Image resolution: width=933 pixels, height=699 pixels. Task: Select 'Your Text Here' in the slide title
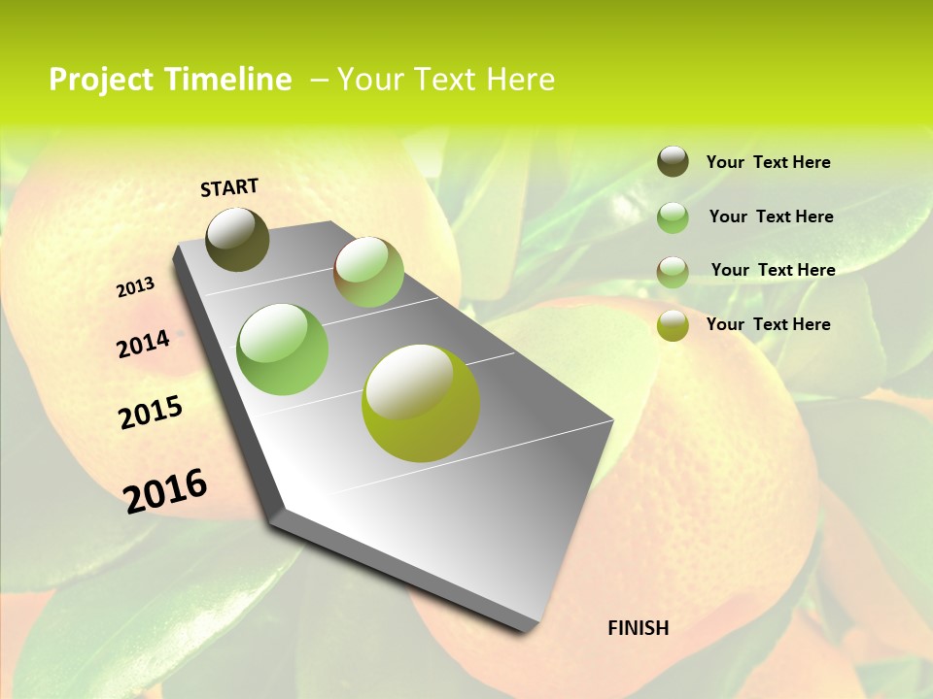(446, 80)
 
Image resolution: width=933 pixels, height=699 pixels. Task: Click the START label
(229, 187)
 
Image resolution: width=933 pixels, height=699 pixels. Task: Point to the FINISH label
(639, 628)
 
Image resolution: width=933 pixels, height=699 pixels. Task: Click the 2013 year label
(136, 286)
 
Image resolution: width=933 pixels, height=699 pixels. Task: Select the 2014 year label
(144, 344)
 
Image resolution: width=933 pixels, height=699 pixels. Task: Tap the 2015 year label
(151, 413)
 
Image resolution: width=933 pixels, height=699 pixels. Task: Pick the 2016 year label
(165, 491)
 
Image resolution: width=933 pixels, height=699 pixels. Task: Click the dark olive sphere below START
(237, 239)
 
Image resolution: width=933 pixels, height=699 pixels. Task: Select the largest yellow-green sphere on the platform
(421, 403)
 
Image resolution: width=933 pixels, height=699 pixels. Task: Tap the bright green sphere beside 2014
(283, 349)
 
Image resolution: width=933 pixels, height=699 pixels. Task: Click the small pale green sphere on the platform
(368, 272)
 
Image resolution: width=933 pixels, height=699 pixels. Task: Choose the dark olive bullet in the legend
(673, 161)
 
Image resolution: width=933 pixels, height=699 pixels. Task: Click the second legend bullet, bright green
(673, 216)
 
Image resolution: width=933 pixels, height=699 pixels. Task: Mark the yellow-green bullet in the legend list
(673, 325)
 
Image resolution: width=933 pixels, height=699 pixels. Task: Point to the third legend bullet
(673, 271)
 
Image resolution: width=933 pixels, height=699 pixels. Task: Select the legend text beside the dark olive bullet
(768, 162)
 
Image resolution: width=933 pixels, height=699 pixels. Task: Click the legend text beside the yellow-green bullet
(768, 324)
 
